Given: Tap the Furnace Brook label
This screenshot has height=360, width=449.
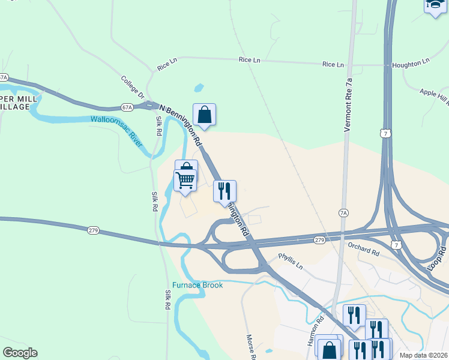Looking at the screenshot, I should pos(197,285).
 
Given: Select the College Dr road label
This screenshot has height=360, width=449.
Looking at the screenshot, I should pos(133,88).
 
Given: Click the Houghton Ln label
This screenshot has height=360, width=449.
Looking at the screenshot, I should pos(411,62).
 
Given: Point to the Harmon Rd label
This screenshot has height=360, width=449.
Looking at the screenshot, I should pos(316,331).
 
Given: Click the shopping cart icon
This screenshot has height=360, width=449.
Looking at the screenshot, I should pos(185,179).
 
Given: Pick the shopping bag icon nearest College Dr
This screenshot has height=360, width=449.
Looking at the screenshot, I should pos(204,113).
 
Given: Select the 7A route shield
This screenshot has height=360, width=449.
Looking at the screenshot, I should pos(343,212).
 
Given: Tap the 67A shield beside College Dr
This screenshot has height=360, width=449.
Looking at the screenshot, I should pos(126,107).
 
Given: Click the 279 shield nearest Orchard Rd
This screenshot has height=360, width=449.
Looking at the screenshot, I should pos(319,240).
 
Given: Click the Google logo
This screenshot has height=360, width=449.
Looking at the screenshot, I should pos(20,353).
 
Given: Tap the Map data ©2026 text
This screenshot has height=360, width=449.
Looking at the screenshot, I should pos(424,355).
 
